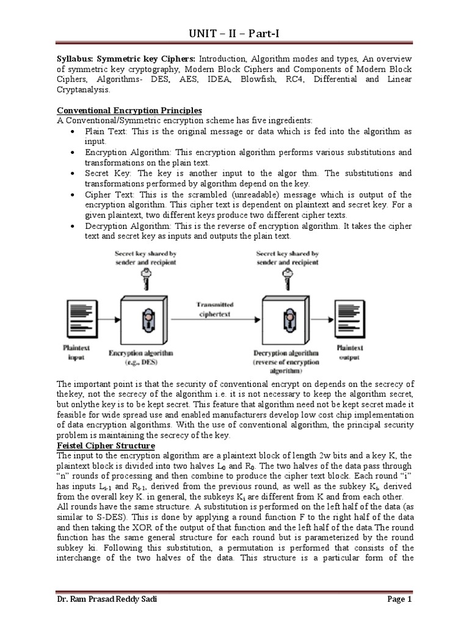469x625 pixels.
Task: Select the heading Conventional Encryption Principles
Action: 129,110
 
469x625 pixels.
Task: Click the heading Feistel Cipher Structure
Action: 106,446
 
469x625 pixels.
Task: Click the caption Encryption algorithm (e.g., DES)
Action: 140,357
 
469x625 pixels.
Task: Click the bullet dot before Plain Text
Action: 73,131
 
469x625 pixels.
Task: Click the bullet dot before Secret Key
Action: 73,173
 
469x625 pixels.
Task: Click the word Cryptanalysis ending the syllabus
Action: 85,90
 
